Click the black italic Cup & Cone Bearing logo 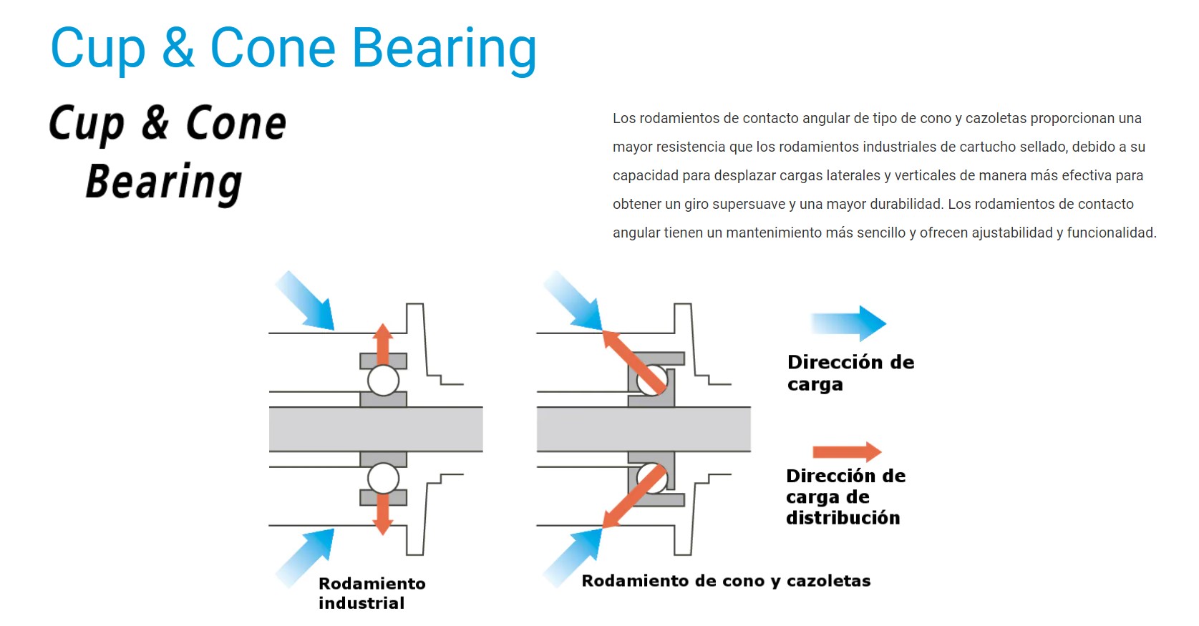[168, 153]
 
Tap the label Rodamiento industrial [372, 593]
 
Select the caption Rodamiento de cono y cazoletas [726, 580]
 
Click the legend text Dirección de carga [850, 373]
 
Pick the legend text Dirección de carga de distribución [845, 497]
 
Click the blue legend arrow [848, 323]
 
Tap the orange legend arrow [847, 451]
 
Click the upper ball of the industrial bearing [383, 381]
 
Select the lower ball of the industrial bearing [383, 478]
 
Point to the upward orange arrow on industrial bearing [382, 344]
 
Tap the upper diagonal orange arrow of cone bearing [635, 361]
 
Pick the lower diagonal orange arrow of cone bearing [635, 497]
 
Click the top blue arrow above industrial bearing [305, 300]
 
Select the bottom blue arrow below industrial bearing [305, 557]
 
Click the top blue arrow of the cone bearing [573, 300]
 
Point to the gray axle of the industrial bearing [376, 429]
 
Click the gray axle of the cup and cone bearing [644, 429]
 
